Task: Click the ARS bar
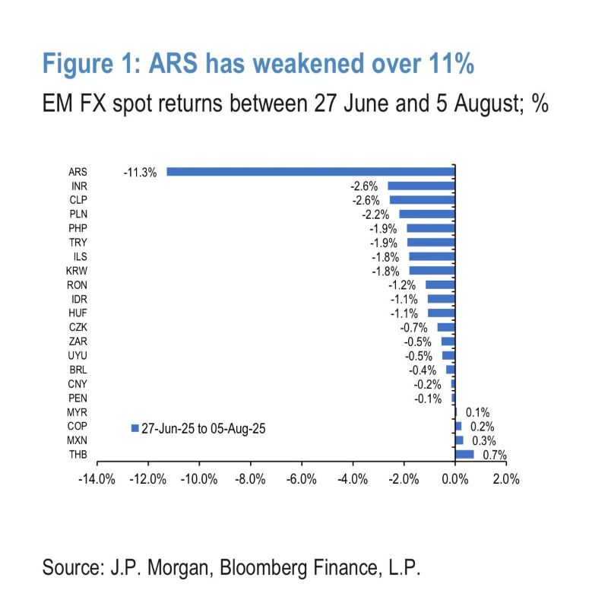point(310,172)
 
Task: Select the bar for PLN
point(426,214)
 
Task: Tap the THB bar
point(464,454)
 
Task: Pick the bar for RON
point(440,284)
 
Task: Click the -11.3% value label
point(139,173)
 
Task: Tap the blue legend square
point(135,428)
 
